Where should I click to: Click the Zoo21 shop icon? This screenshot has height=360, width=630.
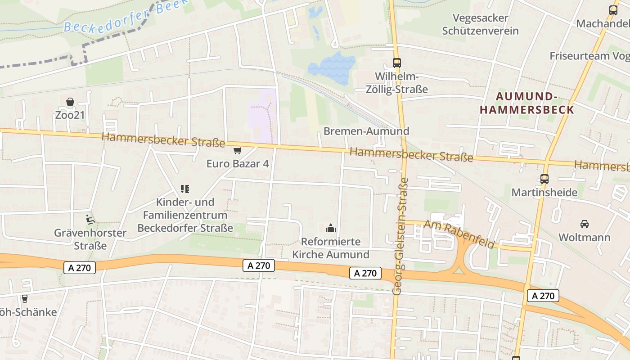click(x=70, y=102)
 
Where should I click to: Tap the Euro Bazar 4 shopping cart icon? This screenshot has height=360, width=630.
click(x=237, y=150)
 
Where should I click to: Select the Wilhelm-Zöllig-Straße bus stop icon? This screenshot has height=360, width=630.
click(x=396, y=63)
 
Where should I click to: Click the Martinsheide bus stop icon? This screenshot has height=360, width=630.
click(x=544, y=179)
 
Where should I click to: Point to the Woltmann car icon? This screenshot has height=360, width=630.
click(x=584, y=224)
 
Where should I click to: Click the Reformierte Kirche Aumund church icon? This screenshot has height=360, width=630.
click(x=331, y=228)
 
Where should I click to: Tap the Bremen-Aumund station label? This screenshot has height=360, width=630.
click(x=366, y=131)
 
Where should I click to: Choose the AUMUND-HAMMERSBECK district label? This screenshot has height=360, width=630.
click(x=526, y=103)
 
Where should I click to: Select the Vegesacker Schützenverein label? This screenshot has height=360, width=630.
click(x=480, y=24)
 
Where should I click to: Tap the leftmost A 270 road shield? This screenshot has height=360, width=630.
click(x=80, y=268)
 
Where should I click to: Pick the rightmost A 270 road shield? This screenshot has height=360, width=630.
click(x=543, y=296)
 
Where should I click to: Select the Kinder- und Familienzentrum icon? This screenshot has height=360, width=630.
click(x=185, y=189)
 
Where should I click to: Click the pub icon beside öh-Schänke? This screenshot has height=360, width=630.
click(x=24, y=298)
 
